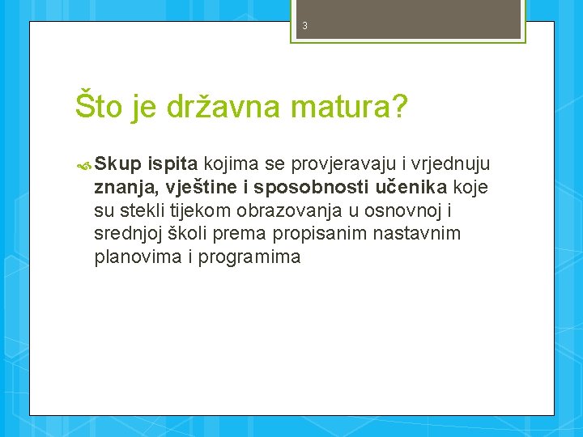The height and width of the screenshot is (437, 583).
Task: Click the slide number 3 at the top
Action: point(304,26)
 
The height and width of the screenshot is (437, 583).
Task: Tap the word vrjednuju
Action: point(451,165)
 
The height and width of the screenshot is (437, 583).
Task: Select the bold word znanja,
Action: point(125,189)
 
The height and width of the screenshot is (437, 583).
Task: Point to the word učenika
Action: point(411,189)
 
